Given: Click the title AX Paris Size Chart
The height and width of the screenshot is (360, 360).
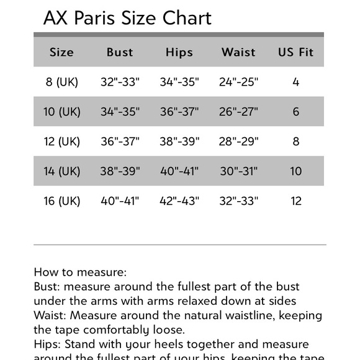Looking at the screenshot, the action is (x=127, y=17).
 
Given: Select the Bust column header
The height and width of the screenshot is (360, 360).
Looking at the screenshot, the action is (x=120, y=52).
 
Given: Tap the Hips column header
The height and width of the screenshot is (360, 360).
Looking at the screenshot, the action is (x=179, y=52).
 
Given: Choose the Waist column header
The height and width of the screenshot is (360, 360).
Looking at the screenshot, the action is (x=238, y=52).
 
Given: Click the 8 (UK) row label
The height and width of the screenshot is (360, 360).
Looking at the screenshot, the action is (x=62, y=82).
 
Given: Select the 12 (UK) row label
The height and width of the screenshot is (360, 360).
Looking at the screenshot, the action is (x=62, y=142).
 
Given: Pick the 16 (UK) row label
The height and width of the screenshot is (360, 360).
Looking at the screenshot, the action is (x=62, y=201).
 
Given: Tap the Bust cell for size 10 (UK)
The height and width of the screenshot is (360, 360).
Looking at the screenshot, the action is (x=120, y=112).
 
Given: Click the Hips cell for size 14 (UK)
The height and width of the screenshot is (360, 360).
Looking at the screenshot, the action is (x=179, y=171).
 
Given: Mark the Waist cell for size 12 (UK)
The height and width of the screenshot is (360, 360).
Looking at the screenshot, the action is (x=238, y=142).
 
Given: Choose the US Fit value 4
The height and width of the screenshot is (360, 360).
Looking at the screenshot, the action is (x=296, y=82).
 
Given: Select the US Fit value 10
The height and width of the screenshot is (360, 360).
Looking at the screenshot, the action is (x=296, y=171).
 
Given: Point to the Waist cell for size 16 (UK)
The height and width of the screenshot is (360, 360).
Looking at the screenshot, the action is (x=238, y=201).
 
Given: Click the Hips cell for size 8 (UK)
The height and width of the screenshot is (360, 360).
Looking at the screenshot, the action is (x=179, y=82).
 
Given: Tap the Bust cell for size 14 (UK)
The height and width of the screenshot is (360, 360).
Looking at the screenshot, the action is (x=120, y=171).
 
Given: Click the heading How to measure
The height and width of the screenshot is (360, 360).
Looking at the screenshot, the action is (x=80, y=272).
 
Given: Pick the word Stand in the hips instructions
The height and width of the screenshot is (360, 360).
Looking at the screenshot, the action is (x=81, y=344).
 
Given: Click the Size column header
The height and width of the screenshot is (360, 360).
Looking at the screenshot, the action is (x=61, y=52).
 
